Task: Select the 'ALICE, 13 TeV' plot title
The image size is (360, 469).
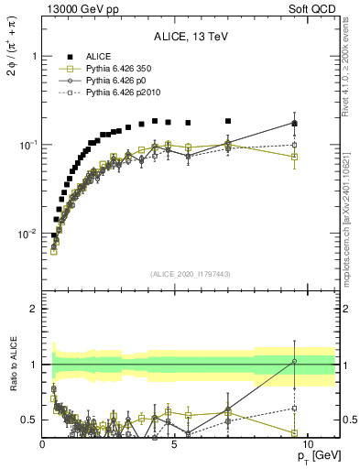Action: (x=191, y=38)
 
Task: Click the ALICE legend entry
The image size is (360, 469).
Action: (x=100, y=57)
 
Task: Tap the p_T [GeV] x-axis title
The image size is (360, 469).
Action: (x=311, y=455)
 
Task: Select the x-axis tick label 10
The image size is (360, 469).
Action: (x=308, y=443)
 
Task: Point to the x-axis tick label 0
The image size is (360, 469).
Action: (x=43, y=443)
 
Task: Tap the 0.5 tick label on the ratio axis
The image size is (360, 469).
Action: (x=27, y=420)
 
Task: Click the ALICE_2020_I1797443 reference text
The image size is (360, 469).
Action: (x=191, y=274)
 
